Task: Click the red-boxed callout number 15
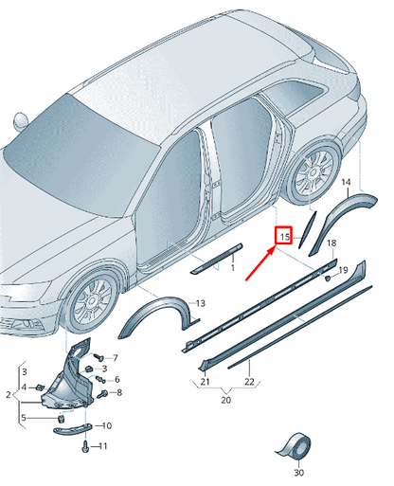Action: pyautogui.click(x=285, y=237)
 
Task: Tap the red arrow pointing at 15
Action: pyautogui.click(x=260, y=263)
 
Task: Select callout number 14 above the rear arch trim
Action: pyautogui.click(x=346, y=182)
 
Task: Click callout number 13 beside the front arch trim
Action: pyautogui.click(x=201, y=303)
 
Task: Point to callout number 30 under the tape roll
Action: pyautogui.click(x=298, y=473)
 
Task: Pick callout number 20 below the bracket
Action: pyautogui.click(x=225, y=400)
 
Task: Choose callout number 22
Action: pyautogui.click(x=249, y=382)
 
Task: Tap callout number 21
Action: pyautogui.click(x=205, y=382)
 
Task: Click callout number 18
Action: pyautogui.click(x=331, y=243)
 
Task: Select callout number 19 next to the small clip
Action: pyautogui.click(x=343, y=270)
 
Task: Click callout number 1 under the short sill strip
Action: pyautogui.click(x=233, y=268)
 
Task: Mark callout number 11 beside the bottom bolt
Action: pyautogui.click(x=103, y=446)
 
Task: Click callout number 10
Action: pyautogui.click(x=107, y=425)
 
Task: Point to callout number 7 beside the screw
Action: pyautogui.click(x=115, y=358)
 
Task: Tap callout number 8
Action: pyautogui.click(x=119, y=392)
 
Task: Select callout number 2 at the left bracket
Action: pyautogui.click(x=9, y=395)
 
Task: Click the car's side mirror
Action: pyautogui.click(x=21, y=121)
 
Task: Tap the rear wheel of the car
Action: pyautogui.click(x=313, y=172)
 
